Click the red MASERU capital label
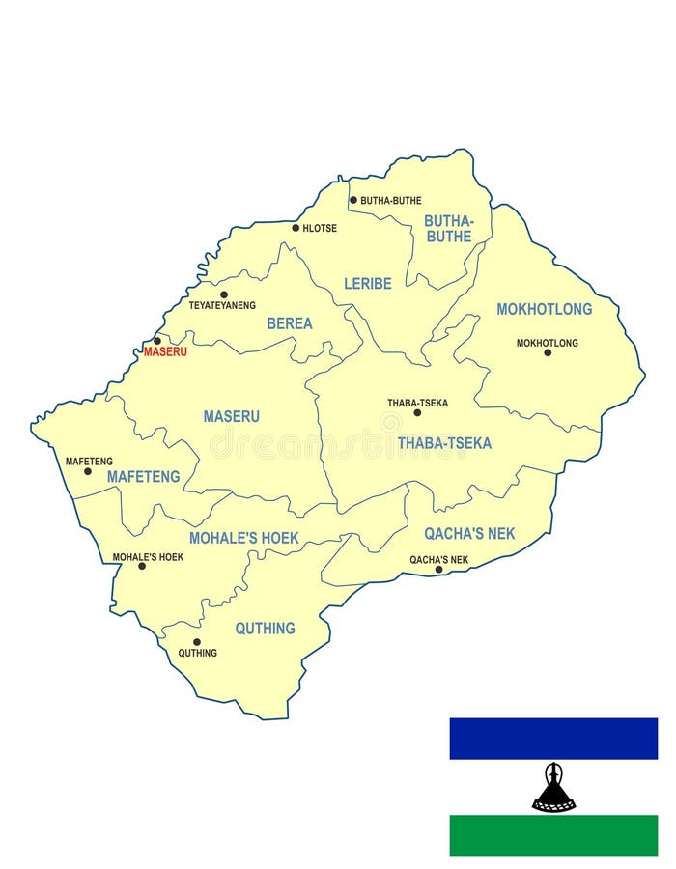pos(165,351)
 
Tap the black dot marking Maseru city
pos(157,340)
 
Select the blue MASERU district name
pos(231,416)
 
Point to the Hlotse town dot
pos(296,228)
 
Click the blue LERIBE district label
pos(368,284)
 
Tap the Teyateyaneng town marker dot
pos(224,294)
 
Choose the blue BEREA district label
pos(290,323)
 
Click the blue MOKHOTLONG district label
pos(544,309)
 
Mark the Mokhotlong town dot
pos(548,352)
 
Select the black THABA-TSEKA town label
pos(417,403)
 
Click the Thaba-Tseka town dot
pos(417,412)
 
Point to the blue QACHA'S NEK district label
pos(469,533)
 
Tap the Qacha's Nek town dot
pos(438,569)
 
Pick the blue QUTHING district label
pos(265,629)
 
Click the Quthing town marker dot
pos(197,641)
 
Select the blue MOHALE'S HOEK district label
pos(244,538)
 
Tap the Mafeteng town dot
pos(88,471)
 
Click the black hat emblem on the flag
pos(553,788)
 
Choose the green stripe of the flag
pos(553,835)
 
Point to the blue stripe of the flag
pos(553,739)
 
